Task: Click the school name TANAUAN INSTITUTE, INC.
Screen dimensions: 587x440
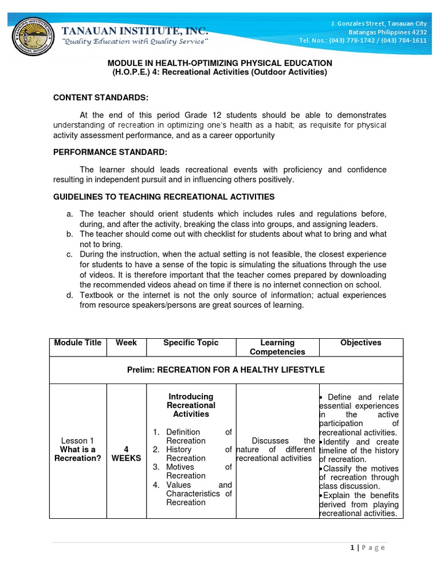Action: click(x=135, y=30)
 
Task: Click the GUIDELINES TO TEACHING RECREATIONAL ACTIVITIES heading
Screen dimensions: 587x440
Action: click(x=164, y=197)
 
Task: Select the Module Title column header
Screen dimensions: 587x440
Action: click(x=78, y=343)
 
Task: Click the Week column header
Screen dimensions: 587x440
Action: click(x=127, y=343)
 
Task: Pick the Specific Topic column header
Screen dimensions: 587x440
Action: click(x=191, y=343)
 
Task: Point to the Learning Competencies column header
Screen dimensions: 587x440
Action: click(x=277, y=347)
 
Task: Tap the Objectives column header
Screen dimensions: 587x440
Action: click(x=361, y=343)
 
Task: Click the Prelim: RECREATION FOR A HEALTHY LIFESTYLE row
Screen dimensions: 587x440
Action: click(x=226, y=370)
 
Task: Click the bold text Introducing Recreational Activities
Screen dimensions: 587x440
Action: click(x=191, y=405)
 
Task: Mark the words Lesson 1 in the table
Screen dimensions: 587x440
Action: click(x=78, y=441)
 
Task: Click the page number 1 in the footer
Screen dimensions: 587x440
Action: click(x=352, y=547)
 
